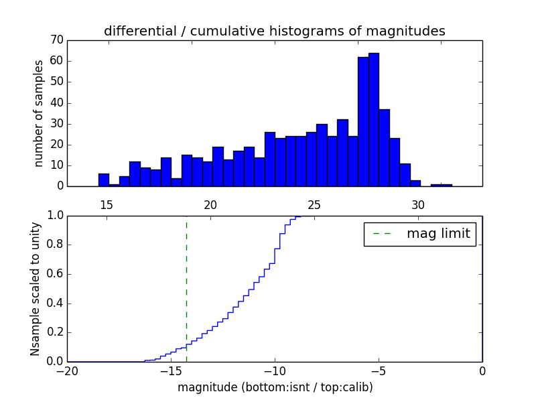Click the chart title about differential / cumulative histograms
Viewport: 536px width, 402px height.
274,31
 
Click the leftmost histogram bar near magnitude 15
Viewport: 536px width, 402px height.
103,180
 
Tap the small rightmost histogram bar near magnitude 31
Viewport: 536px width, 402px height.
441,184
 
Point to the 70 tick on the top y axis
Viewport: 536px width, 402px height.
57,40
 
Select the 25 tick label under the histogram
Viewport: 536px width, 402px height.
314,205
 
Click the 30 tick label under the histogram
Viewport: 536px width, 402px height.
418,205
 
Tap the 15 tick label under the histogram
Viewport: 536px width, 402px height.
107,205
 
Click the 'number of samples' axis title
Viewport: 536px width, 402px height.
39,113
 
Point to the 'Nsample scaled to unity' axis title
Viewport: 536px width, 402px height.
36,289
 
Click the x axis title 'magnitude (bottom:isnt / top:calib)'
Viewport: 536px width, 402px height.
275,387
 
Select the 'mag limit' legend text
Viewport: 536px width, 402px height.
438,234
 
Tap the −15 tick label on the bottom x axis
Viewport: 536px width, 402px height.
170,370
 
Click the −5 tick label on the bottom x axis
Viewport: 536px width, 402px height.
378,370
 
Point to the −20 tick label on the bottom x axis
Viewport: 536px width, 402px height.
66,370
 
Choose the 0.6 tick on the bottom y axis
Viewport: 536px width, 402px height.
54,274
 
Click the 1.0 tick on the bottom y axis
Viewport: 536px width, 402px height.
54,216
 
